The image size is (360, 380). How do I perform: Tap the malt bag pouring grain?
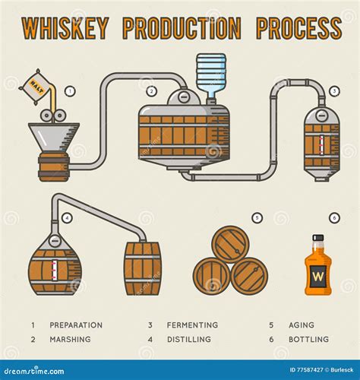pyautogui.click(x=36, y=82)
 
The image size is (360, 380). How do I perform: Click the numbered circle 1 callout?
pyautogui.click(x=70, y=90)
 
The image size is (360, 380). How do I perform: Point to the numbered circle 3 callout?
pyautogui.click(x=334, y=91)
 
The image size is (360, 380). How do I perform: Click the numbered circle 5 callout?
pyautogui.click(x=257, y=218)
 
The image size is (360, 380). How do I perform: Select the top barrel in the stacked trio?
pyautogui.click(x=230, y=244)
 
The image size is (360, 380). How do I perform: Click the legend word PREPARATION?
pyautogui.click(x=76, y=325)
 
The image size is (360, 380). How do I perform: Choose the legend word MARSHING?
pyautogui.click(x=70, y=339)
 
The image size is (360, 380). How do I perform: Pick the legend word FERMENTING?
pyautogui.click(x=191, y=325)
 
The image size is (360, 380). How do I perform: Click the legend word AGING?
pyautogui.click(x=301, y=325)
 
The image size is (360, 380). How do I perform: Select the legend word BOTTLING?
pyautogui.click(x=308, y=339)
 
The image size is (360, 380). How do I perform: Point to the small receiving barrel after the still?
pyautogui.click(x=143, y=268)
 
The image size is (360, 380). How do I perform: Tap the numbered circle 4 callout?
pyautogui.click(x=68, y=218)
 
